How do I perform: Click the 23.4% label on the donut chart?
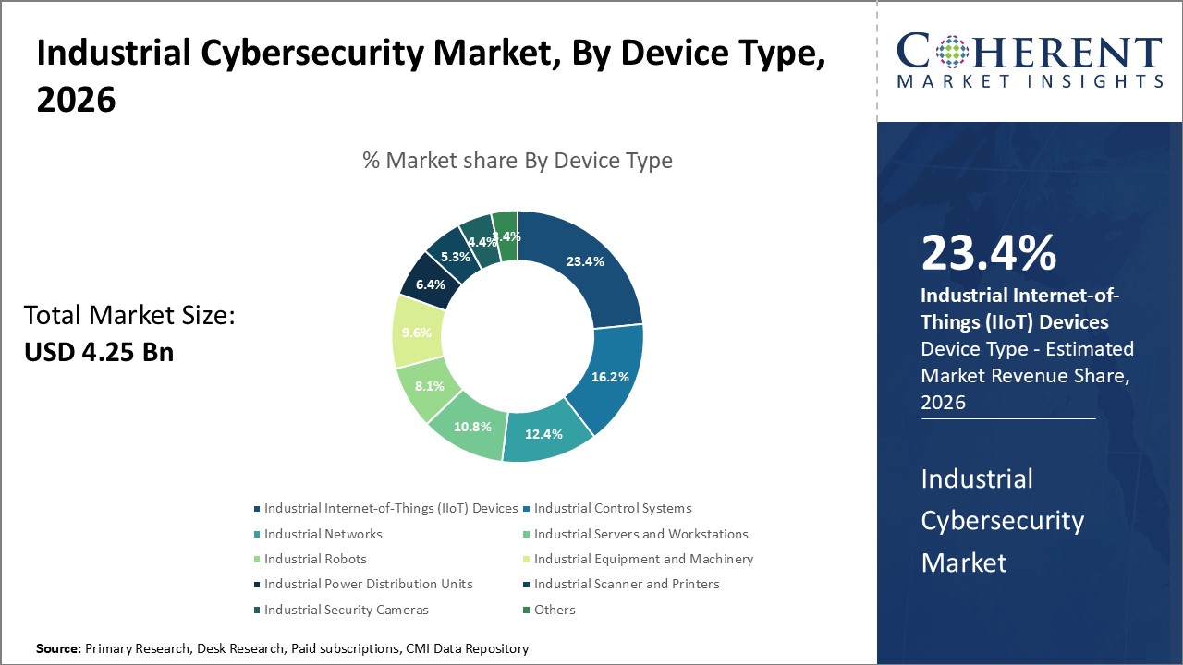coord(585,261)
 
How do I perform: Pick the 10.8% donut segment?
coord(472,428)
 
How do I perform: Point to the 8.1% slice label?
coord(430,387)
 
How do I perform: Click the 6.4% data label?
coord(430,285)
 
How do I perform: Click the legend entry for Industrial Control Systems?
coord(612,508)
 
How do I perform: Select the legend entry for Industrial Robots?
coord(314,559)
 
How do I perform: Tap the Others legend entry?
coord(554,610)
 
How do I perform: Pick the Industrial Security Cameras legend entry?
coord(346,610)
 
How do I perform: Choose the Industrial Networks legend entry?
coord(323,534)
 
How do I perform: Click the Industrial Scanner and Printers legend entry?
coord(626,584)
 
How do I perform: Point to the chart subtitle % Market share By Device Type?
coord(518,160)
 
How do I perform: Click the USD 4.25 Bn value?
coord(99,352)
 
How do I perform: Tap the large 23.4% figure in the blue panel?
coord(988,254)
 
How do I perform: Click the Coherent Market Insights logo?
coord(1029,61)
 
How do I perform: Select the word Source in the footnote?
coord(58,649)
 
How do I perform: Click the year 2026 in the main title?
coord(76,101)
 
